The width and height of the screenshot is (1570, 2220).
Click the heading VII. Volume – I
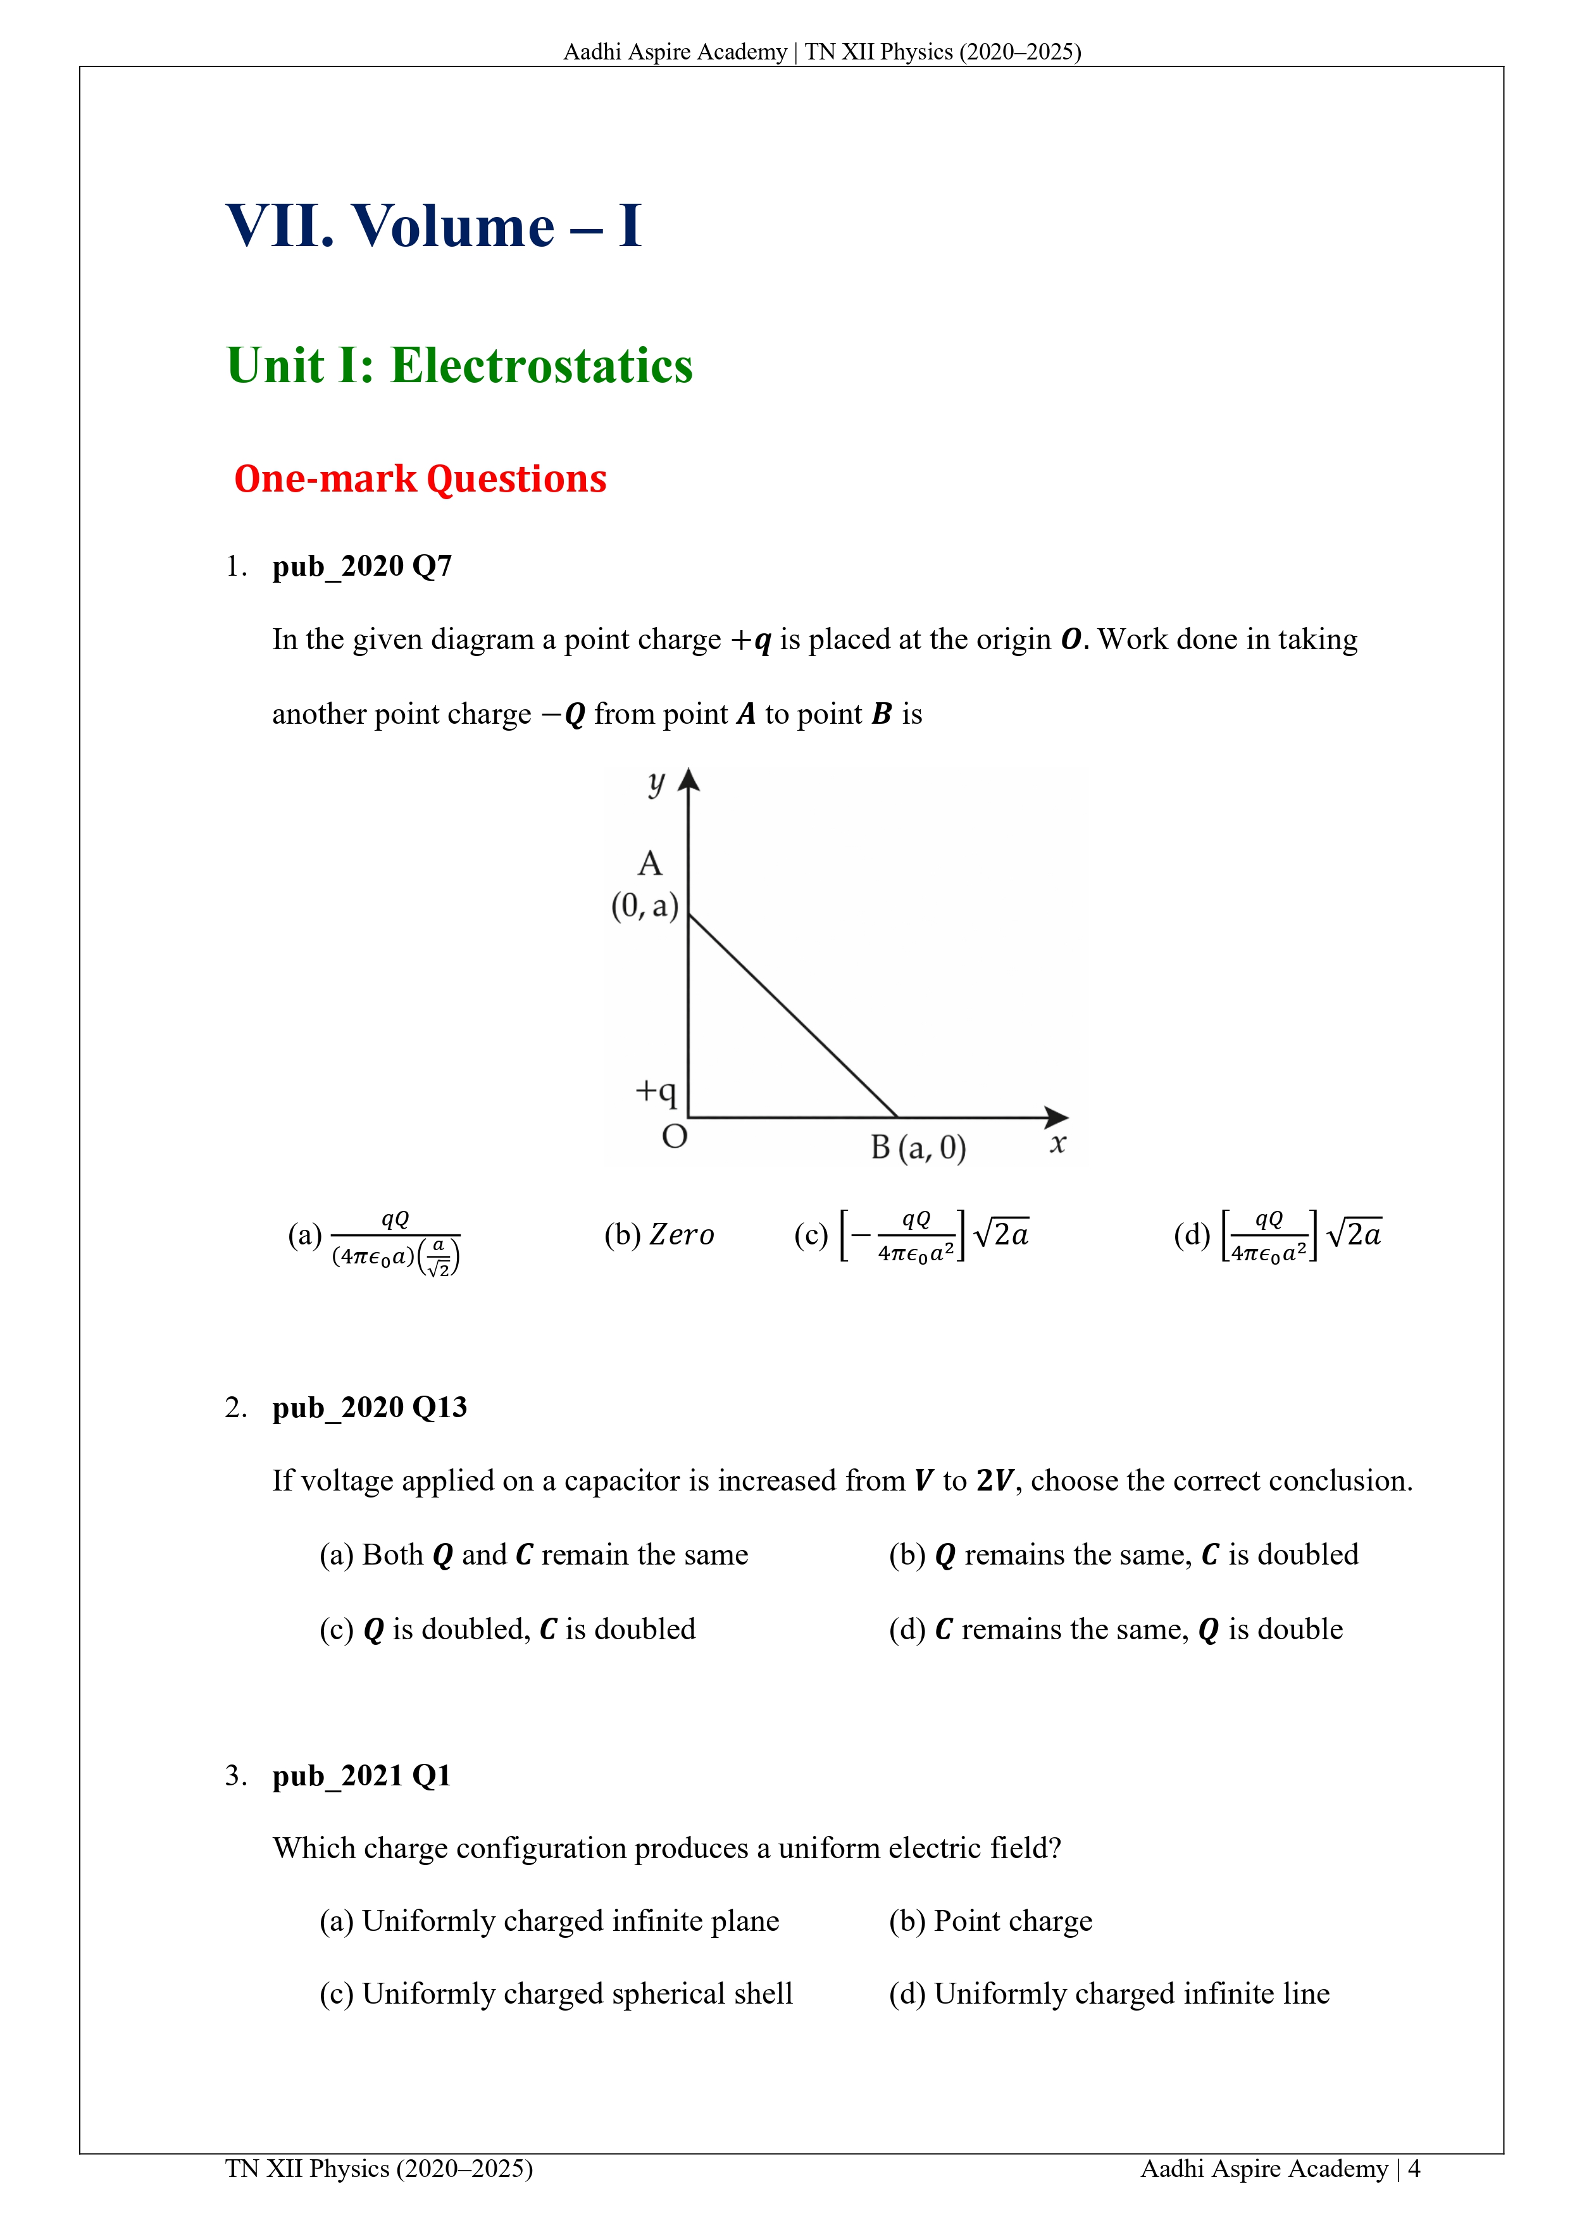coord(433,226)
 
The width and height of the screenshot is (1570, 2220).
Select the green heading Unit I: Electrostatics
coord(459,366)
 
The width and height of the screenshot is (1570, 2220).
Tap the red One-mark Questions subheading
coord(420,479)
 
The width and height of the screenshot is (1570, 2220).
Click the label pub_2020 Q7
coord(362,566)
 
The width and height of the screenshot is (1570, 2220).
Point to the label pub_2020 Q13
coord(370,1407)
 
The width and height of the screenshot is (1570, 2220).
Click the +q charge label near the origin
coord(656,1091)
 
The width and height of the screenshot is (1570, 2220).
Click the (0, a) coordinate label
coord(644,906)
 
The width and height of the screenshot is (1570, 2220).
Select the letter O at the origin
coord(674,1136)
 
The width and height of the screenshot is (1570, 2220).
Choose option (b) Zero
coord(659,1235)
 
